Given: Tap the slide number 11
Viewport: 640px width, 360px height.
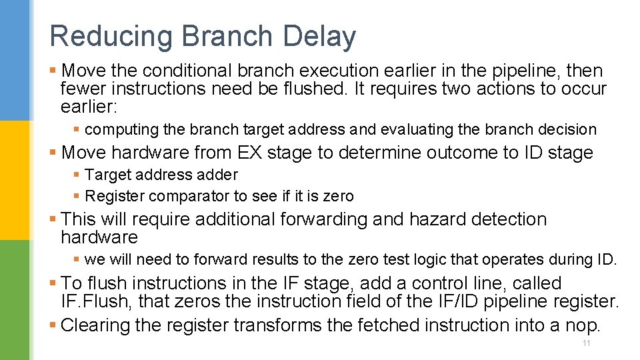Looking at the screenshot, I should pos(587,343).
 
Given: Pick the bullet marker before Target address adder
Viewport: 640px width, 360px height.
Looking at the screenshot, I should pos(77,175).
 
